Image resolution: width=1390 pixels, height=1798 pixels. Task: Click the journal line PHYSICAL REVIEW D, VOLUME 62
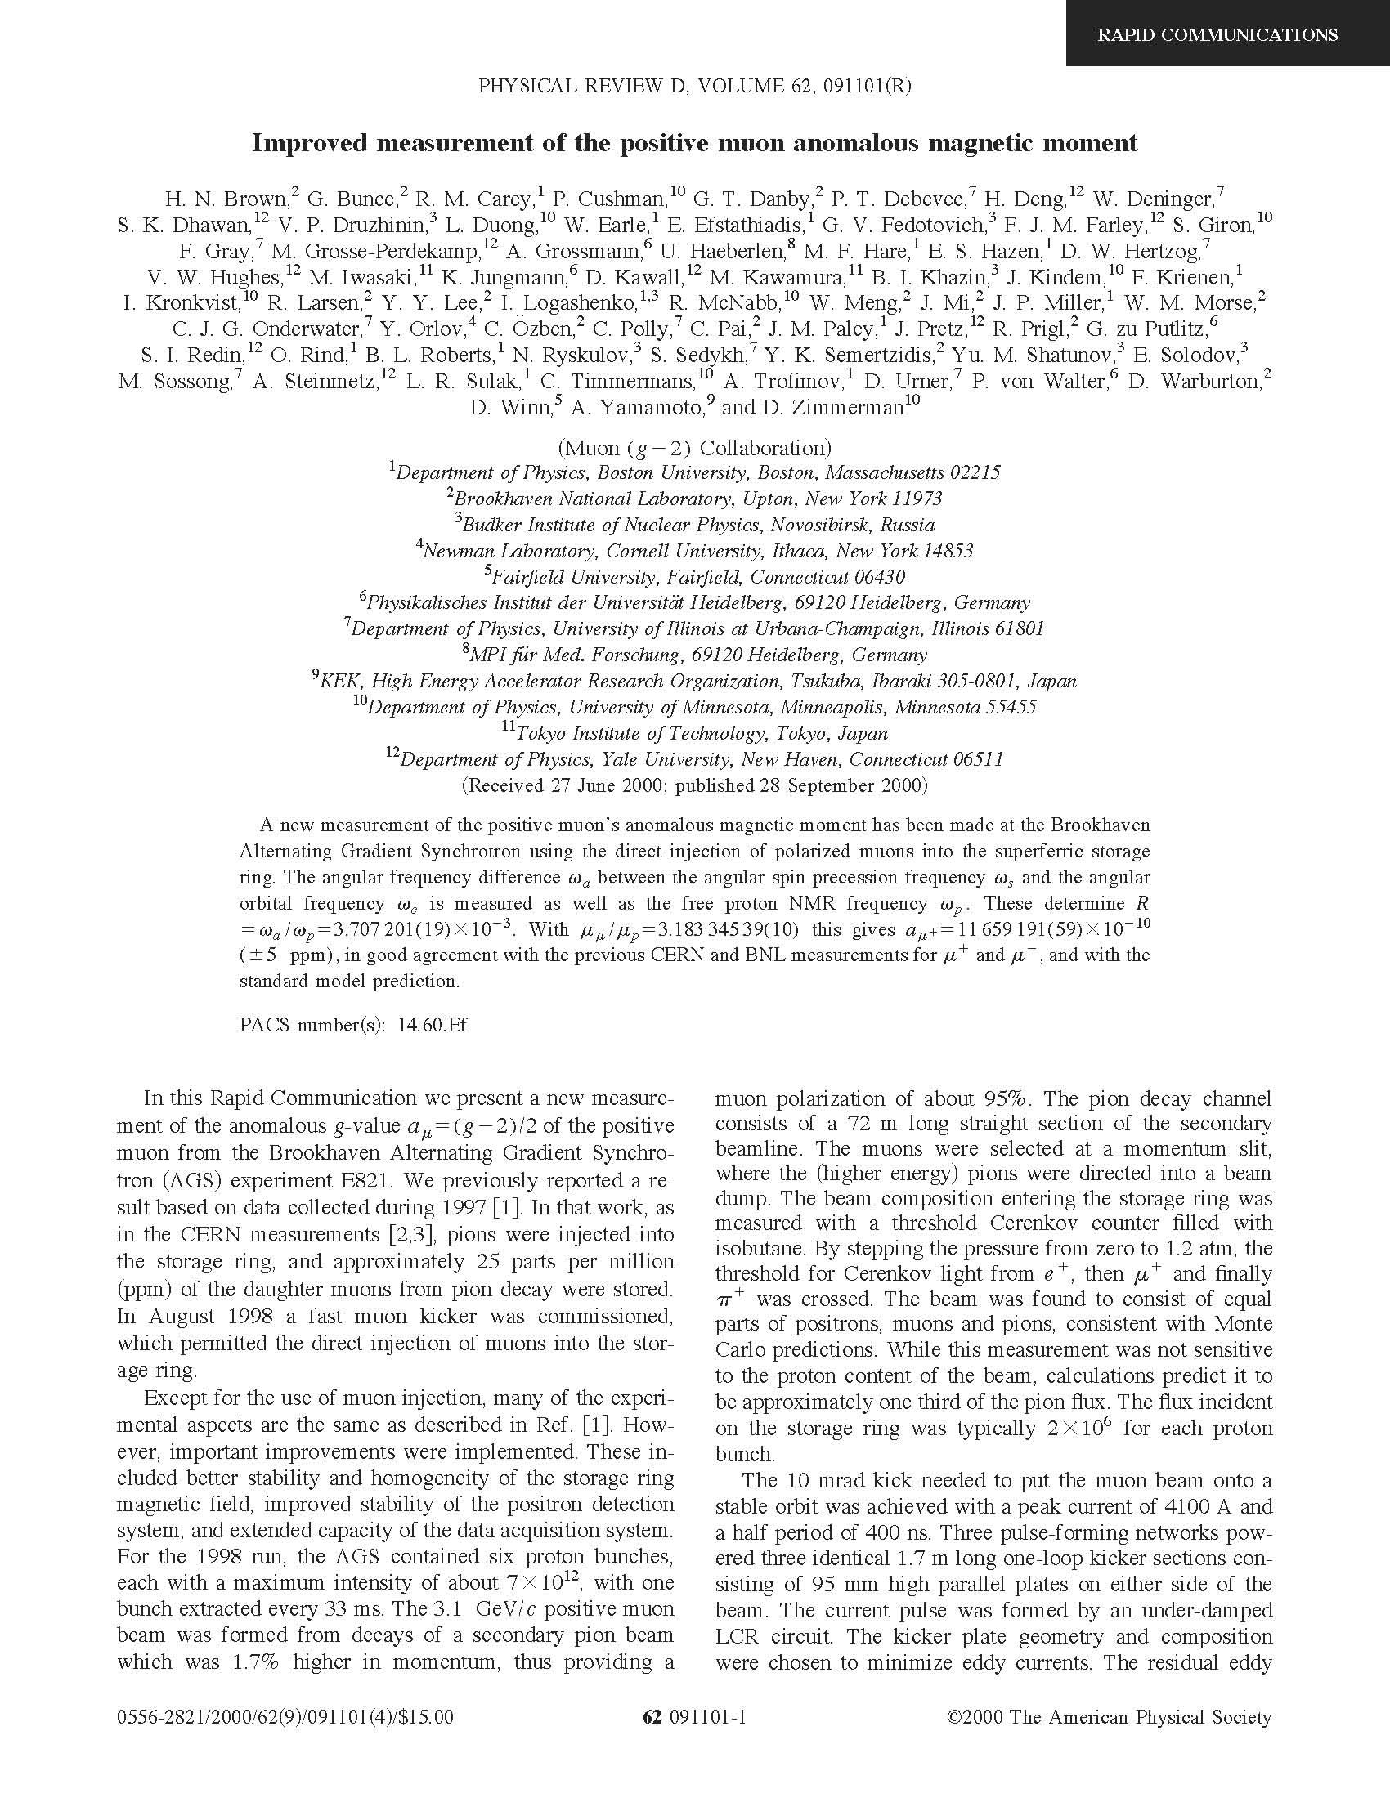[694, 87]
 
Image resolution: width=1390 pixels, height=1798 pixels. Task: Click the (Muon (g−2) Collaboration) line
[694, 449]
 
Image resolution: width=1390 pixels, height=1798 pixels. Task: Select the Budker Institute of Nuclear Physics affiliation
[694, 526]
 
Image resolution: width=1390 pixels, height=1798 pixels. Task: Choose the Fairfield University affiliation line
[694, 577]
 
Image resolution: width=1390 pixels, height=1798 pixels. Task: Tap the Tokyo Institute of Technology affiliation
[694, 734]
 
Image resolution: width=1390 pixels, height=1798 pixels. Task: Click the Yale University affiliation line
[694, 760]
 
